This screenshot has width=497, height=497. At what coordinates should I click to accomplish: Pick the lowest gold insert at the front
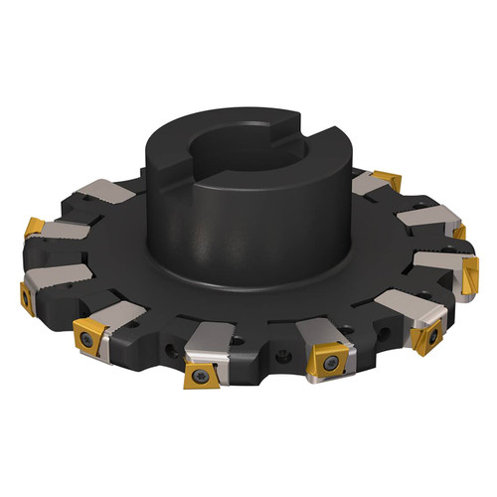click(202, 375)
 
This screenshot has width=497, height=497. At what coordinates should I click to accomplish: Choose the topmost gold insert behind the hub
click(387, 181)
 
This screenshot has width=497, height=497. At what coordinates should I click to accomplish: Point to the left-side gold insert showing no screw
click(35, 228)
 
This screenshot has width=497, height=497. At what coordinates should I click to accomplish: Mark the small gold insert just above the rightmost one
click(459, 233)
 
